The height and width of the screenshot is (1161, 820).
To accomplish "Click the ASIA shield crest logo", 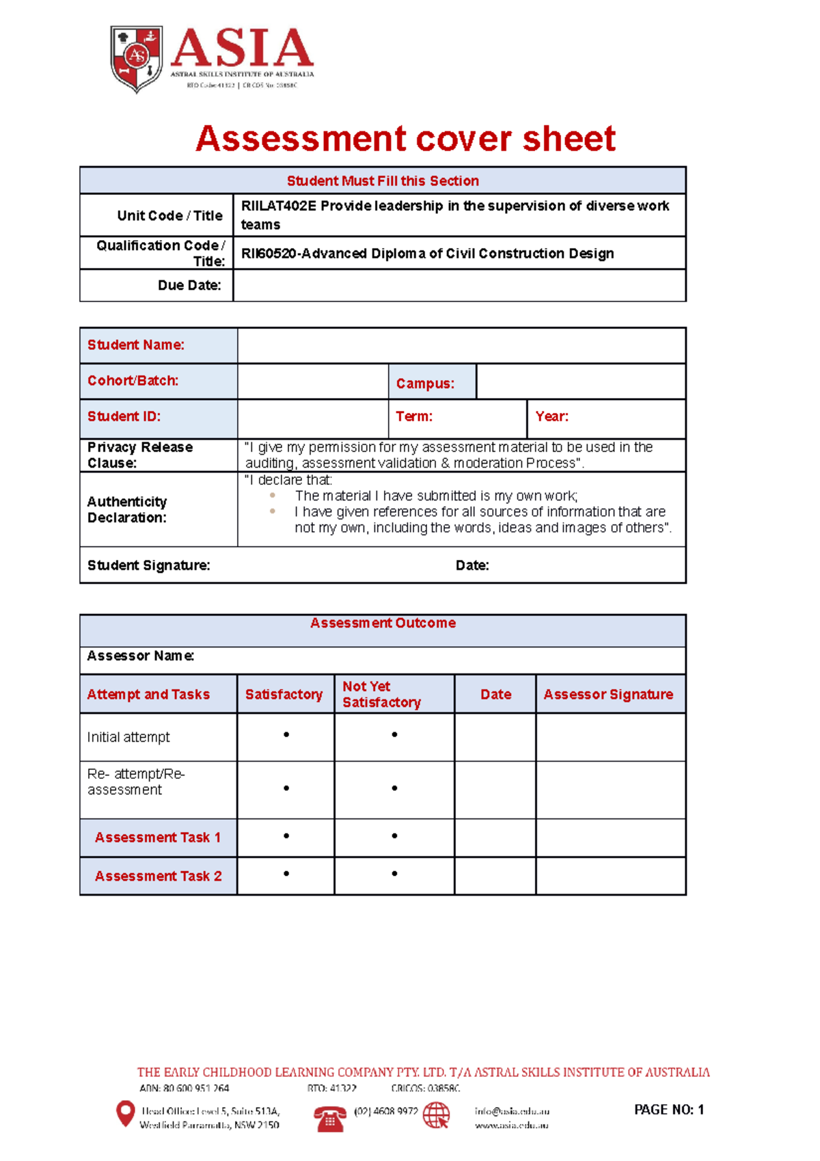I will click(137, 59).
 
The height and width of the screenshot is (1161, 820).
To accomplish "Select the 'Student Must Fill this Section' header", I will click(383, 181).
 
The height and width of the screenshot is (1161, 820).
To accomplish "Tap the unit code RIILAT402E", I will click(278, 206).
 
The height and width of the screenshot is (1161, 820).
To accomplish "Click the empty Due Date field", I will click(459, 286).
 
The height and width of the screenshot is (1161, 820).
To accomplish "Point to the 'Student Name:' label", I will click(136, 345).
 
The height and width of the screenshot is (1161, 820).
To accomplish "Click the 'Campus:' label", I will click(425, 384).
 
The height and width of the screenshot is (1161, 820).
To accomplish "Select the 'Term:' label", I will click(414, 416).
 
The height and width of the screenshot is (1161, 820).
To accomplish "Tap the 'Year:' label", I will click(552, 416).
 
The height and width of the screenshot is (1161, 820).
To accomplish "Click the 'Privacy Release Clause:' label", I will click(139, 455).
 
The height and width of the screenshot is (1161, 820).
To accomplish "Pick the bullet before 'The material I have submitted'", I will click(273, 496).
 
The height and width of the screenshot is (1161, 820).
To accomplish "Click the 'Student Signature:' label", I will click(148, 565).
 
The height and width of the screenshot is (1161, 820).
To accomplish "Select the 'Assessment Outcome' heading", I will click(383, 623).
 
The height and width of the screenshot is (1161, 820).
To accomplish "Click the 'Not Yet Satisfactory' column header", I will click(381, 694).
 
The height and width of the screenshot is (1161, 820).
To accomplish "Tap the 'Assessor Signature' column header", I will click(608, 695).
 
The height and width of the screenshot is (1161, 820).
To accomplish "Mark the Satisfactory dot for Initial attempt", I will click(286, 735).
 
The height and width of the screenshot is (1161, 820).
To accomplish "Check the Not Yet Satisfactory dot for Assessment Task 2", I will click(394, 874).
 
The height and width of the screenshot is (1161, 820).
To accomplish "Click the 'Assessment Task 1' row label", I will click(158, 838).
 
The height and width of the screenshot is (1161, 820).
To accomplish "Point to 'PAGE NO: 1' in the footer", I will click(668, 1110).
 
